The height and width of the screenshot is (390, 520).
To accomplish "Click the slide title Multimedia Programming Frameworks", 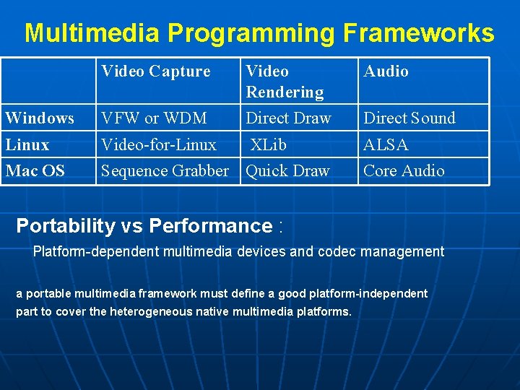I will point(259,33).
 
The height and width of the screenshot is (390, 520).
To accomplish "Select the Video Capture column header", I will point(156,71).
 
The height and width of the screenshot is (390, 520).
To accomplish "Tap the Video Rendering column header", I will point(285,82).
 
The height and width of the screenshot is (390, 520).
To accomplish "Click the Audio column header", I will point(386,71).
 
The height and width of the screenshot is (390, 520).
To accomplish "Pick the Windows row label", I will point(40,118).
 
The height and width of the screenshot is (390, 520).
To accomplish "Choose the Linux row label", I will point(27,145).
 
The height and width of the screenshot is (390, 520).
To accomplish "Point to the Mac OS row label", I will point(35,171).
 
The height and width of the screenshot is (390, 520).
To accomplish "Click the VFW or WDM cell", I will point(154,118).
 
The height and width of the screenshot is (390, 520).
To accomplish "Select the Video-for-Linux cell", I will point(159,145).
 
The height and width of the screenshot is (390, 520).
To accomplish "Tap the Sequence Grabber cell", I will point(165,171).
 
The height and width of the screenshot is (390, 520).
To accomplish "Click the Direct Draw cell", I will point(288,118).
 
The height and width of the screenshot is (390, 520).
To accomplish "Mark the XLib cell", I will point(269,145).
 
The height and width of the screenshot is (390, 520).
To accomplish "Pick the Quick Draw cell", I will point(287,171).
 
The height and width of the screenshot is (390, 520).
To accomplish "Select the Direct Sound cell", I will point(409,118).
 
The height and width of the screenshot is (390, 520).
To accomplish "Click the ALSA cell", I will point(386,145).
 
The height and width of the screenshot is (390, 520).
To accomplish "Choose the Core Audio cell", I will point(404,171).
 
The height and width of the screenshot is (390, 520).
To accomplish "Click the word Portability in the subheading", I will point(66,226).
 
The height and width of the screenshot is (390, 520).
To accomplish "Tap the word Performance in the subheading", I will point(210,226).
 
